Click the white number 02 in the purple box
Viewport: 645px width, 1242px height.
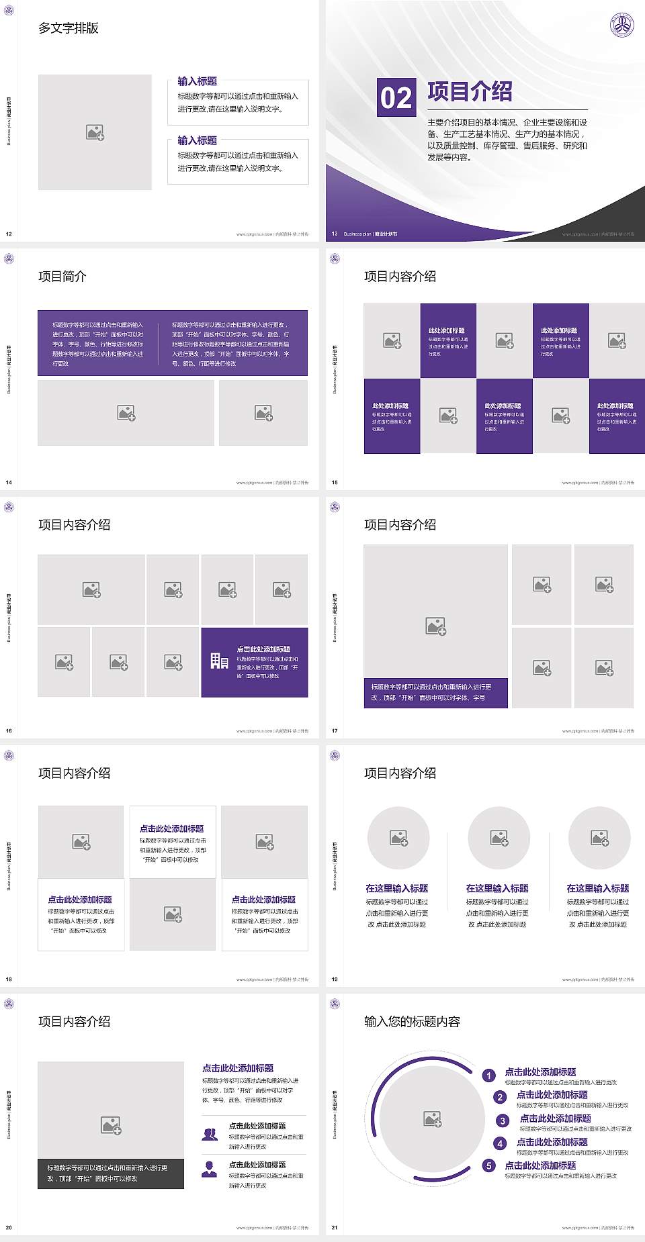[x=396, y=98]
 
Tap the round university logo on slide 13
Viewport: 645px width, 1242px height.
[x=621, y=26]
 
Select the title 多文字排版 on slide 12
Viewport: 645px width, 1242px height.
[x=69, y=28]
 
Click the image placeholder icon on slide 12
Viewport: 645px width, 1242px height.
[x=95, y=132]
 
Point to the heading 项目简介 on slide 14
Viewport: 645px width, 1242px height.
[x=62, y=277]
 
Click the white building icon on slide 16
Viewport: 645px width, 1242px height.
[x=219, y=661]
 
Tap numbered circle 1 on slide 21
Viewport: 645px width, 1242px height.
[x=489, y=1076]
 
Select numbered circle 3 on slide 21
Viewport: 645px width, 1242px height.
[x=503, y=1120]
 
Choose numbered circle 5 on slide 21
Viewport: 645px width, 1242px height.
[x=489, y=1165]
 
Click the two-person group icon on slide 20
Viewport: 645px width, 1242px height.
[x=210, y=1134]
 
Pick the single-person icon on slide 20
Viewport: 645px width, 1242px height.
[x=210, y=1169]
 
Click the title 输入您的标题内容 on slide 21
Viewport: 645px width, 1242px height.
[x=412, y=1022]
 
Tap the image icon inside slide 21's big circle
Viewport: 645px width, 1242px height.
[x=433, y=1118]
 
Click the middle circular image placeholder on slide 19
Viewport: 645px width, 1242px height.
[x=499, y=838]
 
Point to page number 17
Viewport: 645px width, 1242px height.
[x=335, y=730]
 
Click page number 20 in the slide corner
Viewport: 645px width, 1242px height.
[x=9, y=1227]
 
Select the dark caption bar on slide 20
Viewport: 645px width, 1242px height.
[x=111, y=1173]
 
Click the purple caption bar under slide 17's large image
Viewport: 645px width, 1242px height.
[x=435, y=692]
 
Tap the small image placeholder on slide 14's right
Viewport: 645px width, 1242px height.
[x=263, y=412]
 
